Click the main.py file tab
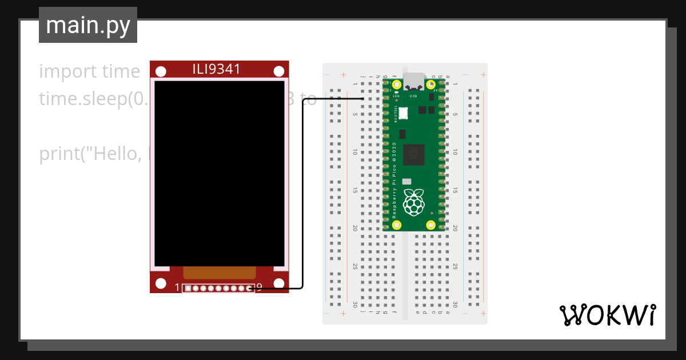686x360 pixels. click(88, 25)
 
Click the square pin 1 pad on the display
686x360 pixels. click(188, 288)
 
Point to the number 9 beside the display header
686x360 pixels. click(259, 287)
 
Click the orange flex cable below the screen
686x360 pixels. click(219, 273)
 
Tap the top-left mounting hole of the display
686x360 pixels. click(161, 71)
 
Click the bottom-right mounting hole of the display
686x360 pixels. click(279, 283)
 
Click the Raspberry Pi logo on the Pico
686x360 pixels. click(414, 201)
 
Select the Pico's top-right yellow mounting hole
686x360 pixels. click(432, 83)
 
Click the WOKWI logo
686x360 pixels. click(607, 315)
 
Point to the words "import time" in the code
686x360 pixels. click(90, 72)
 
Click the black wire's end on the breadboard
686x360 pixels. click(364, 99)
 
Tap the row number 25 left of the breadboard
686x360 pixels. click(355, 266)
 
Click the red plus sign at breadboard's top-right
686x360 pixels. click(483, 75)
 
